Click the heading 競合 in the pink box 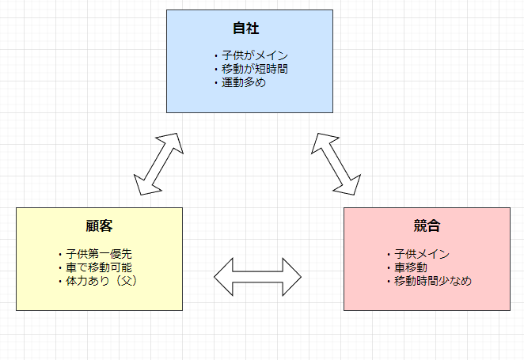coord(427,225)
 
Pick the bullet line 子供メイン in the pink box coord(422,254)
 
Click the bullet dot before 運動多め coord(215,82)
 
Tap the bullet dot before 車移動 coord(389,268)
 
